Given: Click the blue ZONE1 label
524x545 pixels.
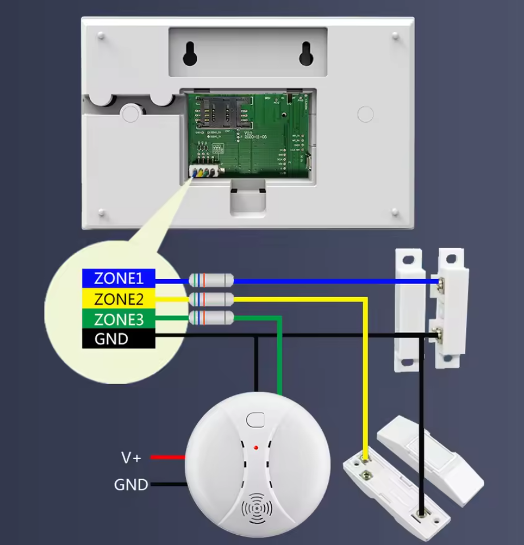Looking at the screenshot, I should pyautogui.click(x=118, y=278).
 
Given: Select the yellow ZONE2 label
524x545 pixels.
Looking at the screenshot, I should pyautogui.click(x=118, y=299).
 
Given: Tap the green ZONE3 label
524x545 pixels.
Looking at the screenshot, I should pyautogui.click(x=118, y=319).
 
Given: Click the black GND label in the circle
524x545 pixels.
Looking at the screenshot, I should pyautogui.click(x=118, y=339).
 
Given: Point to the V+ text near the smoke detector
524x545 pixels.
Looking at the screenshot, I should pyautogui.click(x=131, y=457).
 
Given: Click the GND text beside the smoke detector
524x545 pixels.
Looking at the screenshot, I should pyautogui.click(x=131, y=485).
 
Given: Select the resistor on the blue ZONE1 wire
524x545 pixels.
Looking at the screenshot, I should pyautogui.click(x=211, y=280).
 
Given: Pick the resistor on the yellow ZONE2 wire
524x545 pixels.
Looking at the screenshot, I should pyautogui.click(x=211, y=299).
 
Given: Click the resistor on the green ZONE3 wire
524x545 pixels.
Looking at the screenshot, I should pyautogui.click(x=211, y=317).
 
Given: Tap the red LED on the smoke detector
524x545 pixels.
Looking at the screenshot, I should pyautogui.click(x=257, y=448).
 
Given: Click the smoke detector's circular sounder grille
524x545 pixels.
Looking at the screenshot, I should pyautogui.click(x=257, y=507).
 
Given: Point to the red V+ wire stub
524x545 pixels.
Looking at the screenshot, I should pyautogui.click(x=168, y=457).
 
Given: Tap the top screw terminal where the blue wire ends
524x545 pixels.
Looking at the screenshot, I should pyautogui.click(x=441, y=281).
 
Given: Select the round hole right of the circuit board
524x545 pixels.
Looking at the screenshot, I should pyautogui.click(x=365, y=114).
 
